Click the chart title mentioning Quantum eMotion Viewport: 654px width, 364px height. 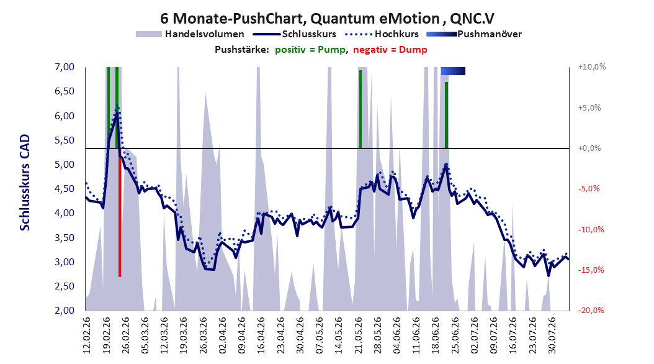(x=328, y=19)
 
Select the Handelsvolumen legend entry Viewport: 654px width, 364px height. (x=190, y=34)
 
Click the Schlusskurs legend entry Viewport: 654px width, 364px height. (x=295, y=34)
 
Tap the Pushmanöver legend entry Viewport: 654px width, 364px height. (x=474, y=34)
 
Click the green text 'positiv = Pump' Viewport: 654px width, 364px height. (x=310, y=50)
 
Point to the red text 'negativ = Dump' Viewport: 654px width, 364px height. (x=390, y=50)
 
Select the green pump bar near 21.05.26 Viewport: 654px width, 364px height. (x=361, y=109)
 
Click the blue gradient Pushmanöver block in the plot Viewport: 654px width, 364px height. (x=453, y=71)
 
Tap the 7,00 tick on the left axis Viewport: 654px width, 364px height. (x=65, y=67)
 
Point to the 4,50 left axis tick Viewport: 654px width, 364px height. (x=65, y=189)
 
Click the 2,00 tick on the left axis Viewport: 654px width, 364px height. (x=65, y=310)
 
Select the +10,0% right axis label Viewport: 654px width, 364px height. (x=592, y=67)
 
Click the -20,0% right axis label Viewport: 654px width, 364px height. (x=591, y=310)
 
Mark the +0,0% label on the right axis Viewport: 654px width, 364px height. (x=589, y=148)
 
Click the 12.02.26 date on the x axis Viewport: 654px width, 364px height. (x=87, y=335)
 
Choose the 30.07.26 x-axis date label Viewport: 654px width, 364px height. (x=552, y=335)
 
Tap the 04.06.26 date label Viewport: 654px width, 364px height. (x=396, y=335)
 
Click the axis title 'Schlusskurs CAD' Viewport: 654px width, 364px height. (x=25, y=183)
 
